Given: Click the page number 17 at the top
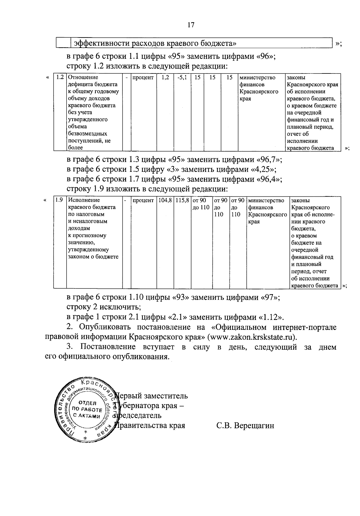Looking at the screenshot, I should point(191,25).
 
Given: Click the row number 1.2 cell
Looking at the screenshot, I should point(60,77).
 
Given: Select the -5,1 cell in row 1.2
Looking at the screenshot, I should point(182,77).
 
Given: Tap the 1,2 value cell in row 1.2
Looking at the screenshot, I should point(165,77).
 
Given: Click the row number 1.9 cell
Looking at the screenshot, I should point(59,200).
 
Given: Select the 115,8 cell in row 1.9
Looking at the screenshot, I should point(182,200).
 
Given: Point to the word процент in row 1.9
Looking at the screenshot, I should point(143,200).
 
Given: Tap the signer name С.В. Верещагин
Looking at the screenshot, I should point(245,425).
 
